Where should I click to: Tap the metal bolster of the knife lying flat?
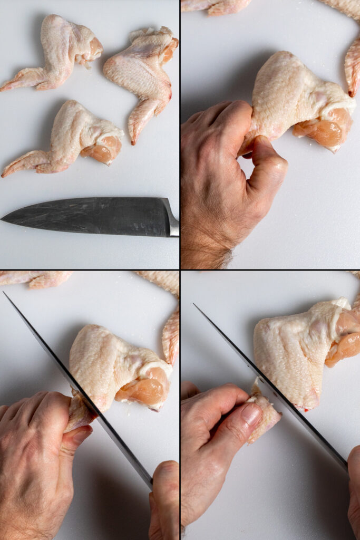(172, 218)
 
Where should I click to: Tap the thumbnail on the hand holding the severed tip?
(251, 415)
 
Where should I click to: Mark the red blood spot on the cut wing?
(300, 408)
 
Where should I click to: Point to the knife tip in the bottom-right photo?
(195, 305)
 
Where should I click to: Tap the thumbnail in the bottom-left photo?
(82, 436)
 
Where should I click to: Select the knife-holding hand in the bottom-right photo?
(354, 490)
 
